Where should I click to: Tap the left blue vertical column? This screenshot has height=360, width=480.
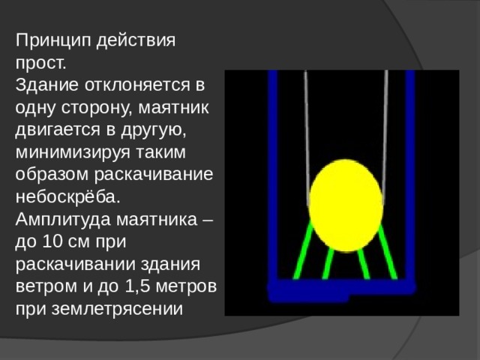click(273, 172)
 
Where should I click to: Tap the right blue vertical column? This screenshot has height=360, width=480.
click(409, 172)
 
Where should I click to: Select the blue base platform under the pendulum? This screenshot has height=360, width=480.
click(341, 288)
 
